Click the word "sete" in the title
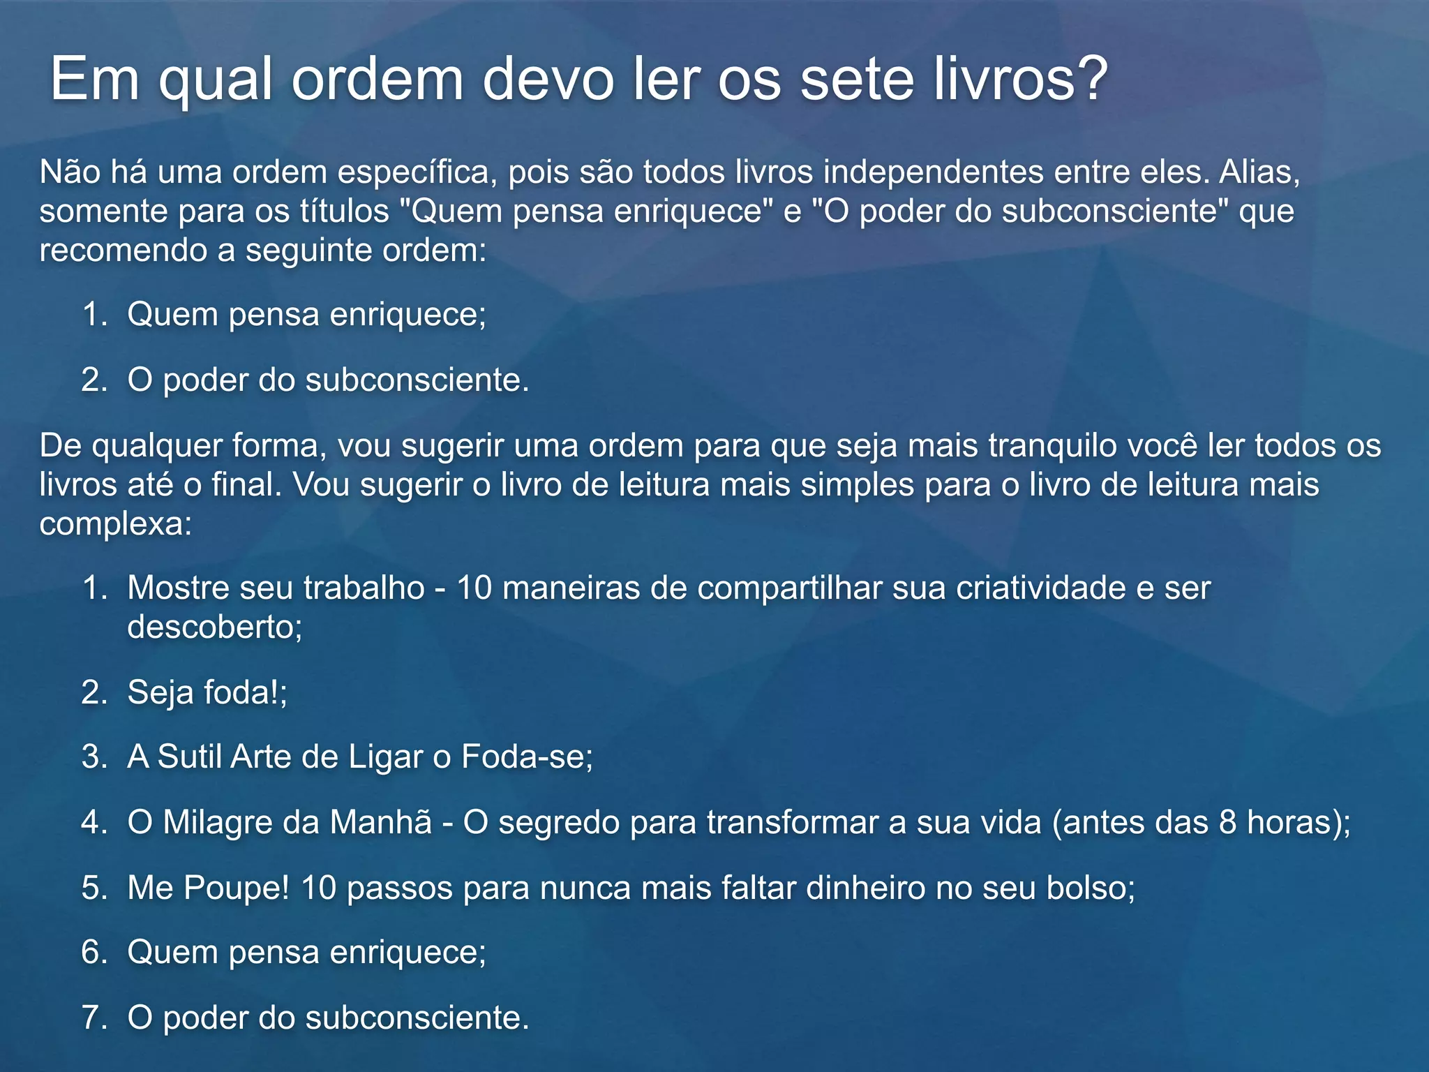click(857, 80)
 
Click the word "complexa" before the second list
click(112, 524)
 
